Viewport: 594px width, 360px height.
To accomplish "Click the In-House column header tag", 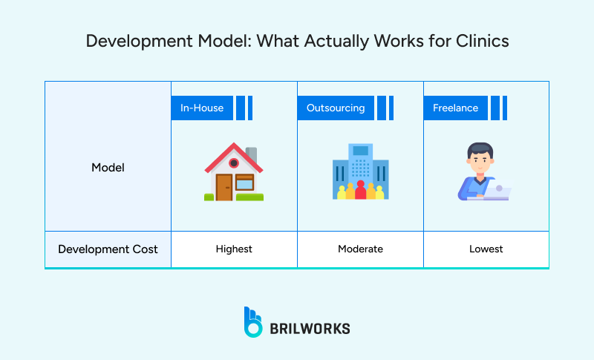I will (202, 108).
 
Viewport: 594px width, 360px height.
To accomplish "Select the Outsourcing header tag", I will (336, 108).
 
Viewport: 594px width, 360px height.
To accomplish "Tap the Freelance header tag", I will (456, 108).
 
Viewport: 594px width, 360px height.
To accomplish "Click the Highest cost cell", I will (234, 249).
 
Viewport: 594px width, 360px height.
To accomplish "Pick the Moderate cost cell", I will (360, 249).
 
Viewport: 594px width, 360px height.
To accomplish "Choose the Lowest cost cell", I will (486, 249).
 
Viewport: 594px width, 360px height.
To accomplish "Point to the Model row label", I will (108, 168).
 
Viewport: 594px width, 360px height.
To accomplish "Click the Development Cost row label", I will (108, 249).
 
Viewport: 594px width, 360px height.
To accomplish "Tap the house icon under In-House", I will (234, 172).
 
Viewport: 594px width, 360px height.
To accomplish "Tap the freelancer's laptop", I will (497, 192).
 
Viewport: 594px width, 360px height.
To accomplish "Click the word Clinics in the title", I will (483, 41).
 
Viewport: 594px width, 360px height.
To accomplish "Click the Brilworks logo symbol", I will (253, 321).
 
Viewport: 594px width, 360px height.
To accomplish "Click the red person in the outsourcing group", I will (361, 190).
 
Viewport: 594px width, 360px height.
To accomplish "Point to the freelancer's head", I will (479, 157).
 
